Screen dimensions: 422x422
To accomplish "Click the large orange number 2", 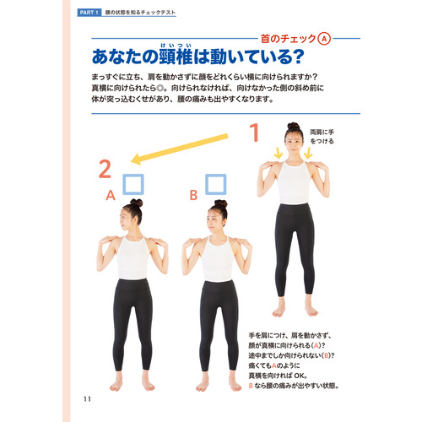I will tap(105, 167).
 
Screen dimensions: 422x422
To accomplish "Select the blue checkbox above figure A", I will tap(133, 185).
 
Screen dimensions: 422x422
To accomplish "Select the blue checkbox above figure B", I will tap(216, 185).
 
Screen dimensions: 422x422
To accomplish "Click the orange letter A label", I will tap(110, 196).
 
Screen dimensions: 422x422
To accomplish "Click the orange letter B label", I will tap(193, 196).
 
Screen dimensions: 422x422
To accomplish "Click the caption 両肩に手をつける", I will tap(323, 137).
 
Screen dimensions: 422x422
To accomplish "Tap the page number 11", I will tap(87, 399).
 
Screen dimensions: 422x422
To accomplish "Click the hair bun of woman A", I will tap(136, 203).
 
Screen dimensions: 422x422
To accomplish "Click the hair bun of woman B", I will tap(219, 203).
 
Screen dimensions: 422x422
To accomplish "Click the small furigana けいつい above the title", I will tap(175, 42).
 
